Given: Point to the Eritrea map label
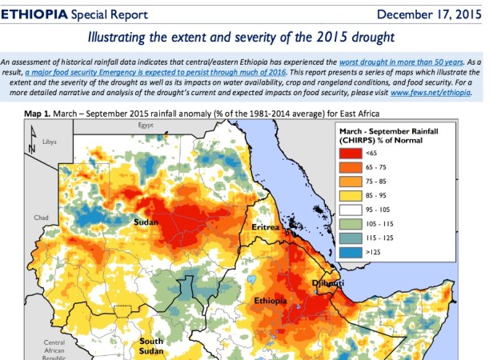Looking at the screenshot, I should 268,226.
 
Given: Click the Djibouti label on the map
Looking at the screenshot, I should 328,283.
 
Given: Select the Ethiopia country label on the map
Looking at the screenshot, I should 270,302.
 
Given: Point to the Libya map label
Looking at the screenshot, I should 50,142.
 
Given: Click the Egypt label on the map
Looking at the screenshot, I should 145,126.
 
